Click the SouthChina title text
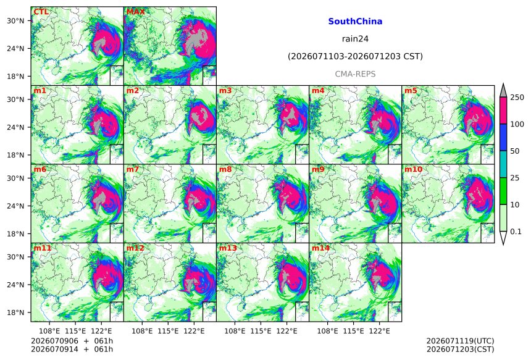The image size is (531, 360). (355, 22)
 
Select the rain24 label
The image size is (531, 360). (355, 39)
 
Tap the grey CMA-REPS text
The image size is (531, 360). (355, 74)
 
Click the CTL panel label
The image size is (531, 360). (41, 12)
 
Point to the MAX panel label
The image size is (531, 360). (135, 12)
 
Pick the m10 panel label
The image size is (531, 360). (413, 169)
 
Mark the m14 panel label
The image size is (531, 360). (320, 248)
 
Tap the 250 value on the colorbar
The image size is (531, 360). (517, 98)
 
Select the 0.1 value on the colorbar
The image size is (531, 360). (516, 232)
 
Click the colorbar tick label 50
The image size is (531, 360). (515, 151)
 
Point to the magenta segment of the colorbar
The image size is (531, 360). (503, 111)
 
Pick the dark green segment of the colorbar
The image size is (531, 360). (503, 191)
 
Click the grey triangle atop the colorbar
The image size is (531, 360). (503, 91)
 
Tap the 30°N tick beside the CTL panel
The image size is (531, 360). (15, 21)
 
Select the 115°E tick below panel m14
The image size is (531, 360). (354, 331)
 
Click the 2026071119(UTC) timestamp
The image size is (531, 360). (460, 341)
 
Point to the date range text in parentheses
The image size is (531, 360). (355, 57)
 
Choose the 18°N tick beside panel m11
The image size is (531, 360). (15, 312)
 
